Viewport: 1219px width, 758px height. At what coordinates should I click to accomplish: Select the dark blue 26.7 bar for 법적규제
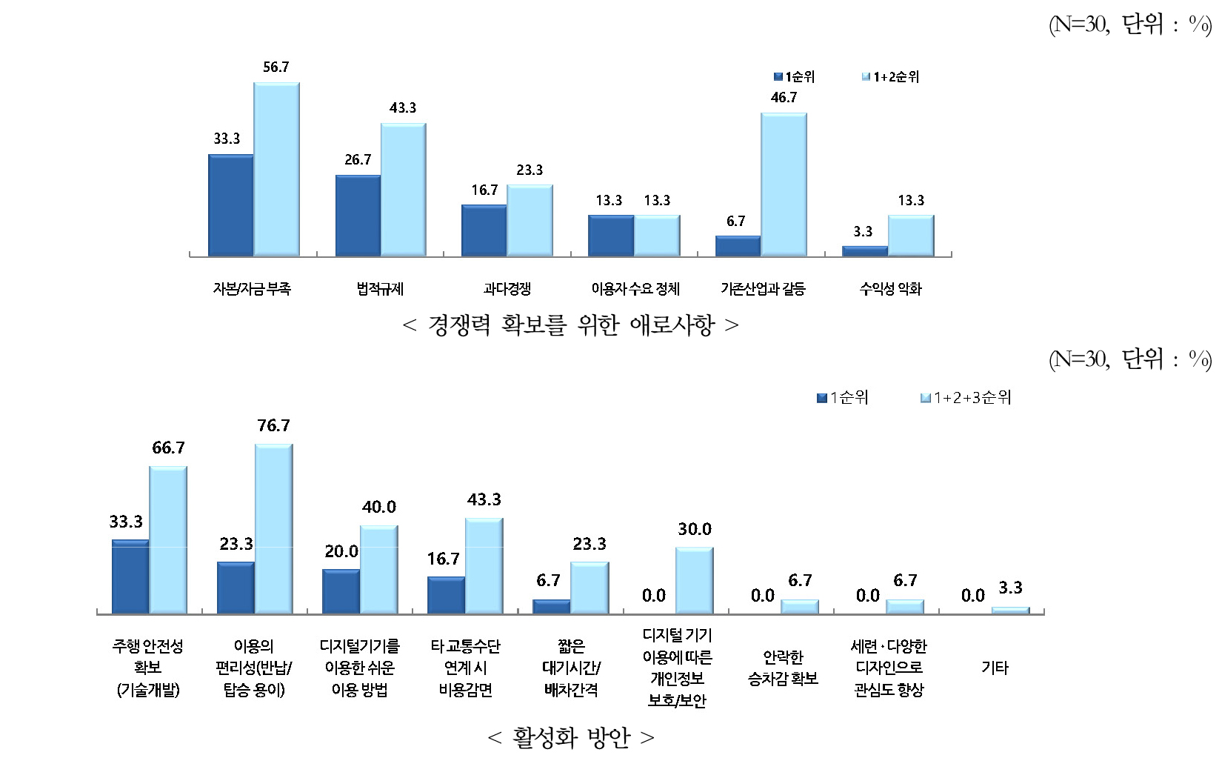click(x=358, y=216)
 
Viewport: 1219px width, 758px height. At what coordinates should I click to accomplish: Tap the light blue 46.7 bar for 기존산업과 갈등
click(x=784, y=184)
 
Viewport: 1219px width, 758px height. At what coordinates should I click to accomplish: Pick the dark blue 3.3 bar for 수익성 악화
click(x=865, y=251)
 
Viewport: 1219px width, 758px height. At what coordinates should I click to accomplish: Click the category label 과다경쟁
click(x=507, y=289)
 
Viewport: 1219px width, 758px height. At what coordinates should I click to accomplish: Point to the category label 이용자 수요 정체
click(x=635, y=289)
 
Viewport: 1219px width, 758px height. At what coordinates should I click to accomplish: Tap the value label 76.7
click(x=274, y=426)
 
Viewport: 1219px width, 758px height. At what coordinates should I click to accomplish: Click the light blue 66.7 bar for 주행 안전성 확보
click(x=168, y=540)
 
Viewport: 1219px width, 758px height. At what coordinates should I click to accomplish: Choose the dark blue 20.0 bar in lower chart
click(x=341, y=591)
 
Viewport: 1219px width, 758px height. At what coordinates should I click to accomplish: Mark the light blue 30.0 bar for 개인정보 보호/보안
click(x=694, y=581)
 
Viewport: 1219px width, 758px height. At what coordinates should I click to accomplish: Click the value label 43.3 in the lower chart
click(x=484, y=500)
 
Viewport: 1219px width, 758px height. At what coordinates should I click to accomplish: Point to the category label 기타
click(x=995, y=668)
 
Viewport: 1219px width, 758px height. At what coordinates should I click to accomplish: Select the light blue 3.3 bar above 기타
click(x=1010, y=611)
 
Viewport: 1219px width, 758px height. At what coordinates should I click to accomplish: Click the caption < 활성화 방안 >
click(x=571, y=738)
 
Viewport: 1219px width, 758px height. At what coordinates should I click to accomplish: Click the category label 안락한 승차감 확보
click(x=784, y=668)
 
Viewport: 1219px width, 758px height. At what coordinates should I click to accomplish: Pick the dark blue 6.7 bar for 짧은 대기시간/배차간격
click(x=552, y=607)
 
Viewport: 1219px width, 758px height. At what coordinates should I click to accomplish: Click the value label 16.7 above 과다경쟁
click(x=484, y=190)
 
